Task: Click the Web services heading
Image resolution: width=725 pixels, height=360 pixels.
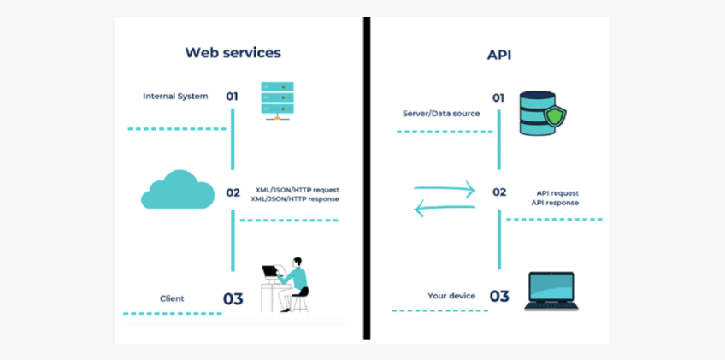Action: pyautogui.click(x=233, y=52)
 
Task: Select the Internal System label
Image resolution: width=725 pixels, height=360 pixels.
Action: pyautogui.click(x=175, y=96)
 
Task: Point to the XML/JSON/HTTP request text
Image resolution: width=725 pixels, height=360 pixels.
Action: pyautogui.click(x=297, y=189)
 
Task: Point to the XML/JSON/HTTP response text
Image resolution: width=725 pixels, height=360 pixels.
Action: pyautogui.click(x=295, y=198)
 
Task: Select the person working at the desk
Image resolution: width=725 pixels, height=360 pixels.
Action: pyautogui.click(x=287, y=283)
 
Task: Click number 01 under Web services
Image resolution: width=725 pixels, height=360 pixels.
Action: pyautogui.click(x=232, y=97)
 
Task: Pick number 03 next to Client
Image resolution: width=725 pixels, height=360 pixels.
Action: pyautogui.click(x=233, y=298)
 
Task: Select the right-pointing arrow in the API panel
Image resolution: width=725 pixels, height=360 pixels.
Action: pyautogui.click(x=445, y=189)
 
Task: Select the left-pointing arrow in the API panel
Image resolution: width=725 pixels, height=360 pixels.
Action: pyautogui.click(x=445, y=207)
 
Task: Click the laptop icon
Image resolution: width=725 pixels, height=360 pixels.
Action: pyautogui.click(x=551, y=290)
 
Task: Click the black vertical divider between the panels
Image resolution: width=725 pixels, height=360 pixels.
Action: pyautogui.click(x=366, y=180)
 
